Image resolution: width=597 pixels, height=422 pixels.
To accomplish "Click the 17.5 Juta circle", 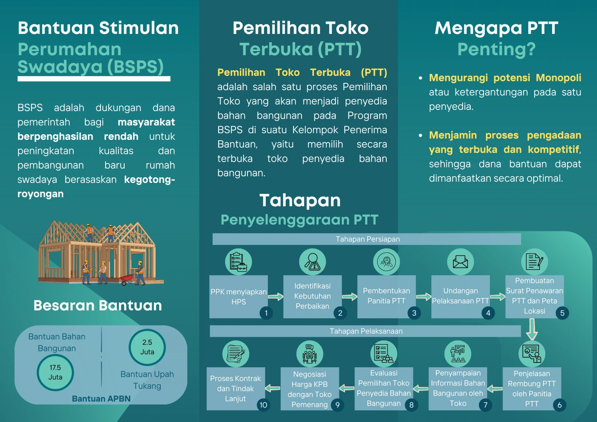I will coord(55,372).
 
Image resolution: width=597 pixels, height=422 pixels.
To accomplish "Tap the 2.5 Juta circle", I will coord(147,347).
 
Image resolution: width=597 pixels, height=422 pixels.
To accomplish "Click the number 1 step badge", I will coord(266,313).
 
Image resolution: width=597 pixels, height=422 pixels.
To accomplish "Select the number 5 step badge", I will coord(562,313).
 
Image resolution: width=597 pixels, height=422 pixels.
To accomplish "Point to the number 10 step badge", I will coord(264,405).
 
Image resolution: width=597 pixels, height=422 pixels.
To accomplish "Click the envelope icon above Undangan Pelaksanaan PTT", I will coord(460,262).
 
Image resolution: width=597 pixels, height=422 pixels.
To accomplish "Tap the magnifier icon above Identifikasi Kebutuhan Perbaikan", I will coord(312,262).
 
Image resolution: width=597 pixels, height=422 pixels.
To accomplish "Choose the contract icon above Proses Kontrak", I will coord(235,354).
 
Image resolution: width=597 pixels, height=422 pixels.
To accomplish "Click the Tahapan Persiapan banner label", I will coord(368,239).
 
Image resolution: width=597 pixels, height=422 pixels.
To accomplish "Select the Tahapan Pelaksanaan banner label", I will coord(366,331).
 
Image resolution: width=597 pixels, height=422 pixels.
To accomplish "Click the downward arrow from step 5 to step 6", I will coord(532,329).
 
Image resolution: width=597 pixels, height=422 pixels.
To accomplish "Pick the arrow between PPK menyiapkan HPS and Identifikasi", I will coord(276,297).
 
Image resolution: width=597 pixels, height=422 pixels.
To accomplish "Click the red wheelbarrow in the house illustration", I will coord(127,279).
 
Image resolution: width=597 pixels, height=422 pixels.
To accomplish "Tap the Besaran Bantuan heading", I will coord(98,305).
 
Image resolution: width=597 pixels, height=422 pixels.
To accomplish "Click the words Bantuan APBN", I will coord(101,399).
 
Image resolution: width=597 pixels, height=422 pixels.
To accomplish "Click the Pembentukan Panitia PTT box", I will coord(386,296).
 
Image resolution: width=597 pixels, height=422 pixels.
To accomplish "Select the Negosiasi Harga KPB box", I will coord(310,389).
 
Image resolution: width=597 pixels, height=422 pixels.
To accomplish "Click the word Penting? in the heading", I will coord(497,50).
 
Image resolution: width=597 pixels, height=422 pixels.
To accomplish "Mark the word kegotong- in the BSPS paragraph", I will coord(149,180).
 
